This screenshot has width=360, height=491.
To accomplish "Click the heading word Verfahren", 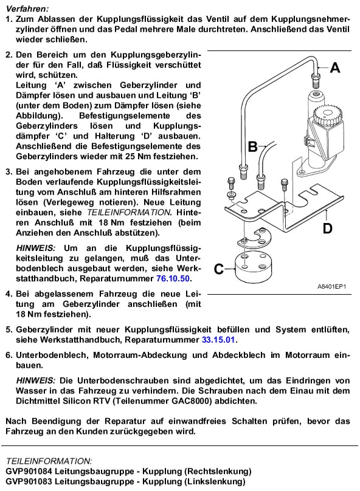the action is (27, 9).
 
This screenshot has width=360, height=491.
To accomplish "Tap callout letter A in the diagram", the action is (335, 67).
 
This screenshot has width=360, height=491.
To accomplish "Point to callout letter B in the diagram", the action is (252, 146).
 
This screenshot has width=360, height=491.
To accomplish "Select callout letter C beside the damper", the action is (219, 269).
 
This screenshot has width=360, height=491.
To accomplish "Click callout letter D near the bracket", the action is (327, 228).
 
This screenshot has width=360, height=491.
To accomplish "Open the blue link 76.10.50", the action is (174, 278).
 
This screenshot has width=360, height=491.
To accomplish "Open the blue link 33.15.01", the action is (219, 340).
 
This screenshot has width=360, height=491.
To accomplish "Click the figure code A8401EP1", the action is (332, 286).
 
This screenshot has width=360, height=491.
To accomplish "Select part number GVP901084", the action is (29, 471).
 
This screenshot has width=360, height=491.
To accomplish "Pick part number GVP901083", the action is (29, 481).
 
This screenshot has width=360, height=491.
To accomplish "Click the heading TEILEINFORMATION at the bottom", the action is (49, 461).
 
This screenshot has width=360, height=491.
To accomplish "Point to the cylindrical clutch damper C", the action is (253, 267).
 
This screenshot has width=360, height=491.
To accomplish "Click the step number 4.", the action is (9, 294).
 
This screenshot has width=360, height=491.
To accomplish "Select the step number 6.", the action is (9, 355).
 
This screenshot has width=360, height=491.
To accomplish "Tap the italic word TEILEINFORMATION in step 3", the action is (128, 213).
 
